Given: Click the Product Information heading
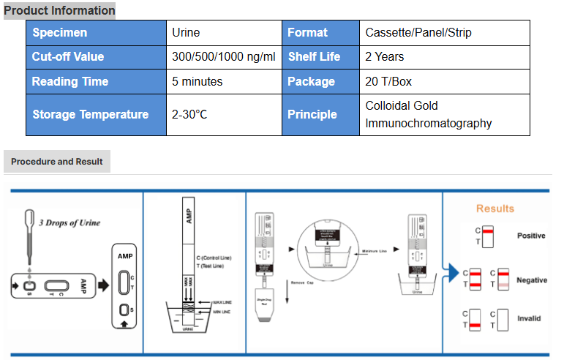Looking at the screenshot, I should click(x=59, y=10).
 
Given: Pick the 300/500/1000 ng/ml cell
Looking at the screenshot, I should click(x=223, y=56).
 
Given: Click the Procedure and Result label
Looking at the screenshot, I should click(x=57, y=161).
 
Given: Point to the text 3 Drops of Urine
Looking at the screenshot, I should click(x=69, y=222).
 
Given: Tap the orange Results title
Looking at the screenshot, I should click(x=495, y=209).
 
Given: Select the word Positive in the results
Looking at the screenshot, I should click(x=531, y=236).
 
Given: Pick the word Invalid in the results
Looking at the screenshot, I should click(x=529, y=318).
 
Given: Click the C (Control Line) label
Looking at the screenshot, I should click(x=215, y=258).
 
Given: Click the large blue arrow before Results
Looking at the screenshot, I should click(x=451, y=272).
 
